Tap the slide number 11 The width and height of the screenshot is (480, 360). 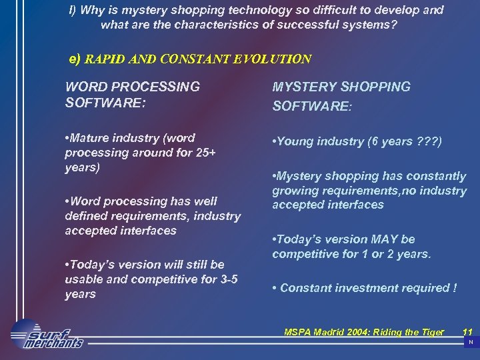(467, 331)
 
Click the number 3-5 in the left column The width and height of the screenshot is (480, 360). (227, 279)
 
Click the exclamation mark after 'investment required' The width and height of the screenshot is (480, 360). (455, 288)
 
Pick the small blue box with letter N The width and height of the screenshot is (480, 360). (471, 342)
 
